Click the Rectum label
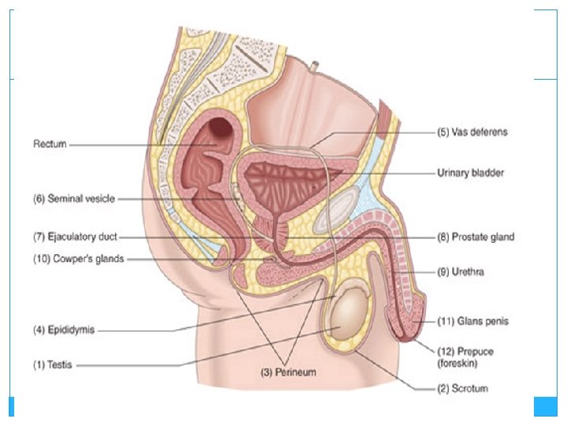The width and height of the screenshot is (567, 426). click(x=50, y=144)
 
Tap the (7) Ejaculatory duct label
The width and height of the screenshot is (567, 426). click(x=75, y=236)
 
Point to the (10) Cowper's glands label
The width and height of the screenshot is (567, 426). click(x=78, y=259)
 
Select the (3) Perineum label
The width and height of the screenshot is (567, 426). click(x=288, y=372)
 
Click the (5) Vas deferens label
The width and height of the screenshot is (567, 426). click(x=472, y=133)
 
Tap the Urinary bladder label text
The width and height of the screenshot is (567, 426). click(x=470, y=172)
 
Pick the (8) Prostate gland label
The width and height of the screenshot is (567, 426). click(x=475, y=236)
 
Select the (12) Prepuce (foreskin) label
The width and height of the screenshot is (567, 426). click(x=465, y=357)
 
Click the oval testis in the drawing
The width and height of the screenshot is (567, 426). click(x=347, y=315)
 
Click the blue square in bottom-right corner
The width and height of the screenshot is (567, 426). click(x=545, y=405)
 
